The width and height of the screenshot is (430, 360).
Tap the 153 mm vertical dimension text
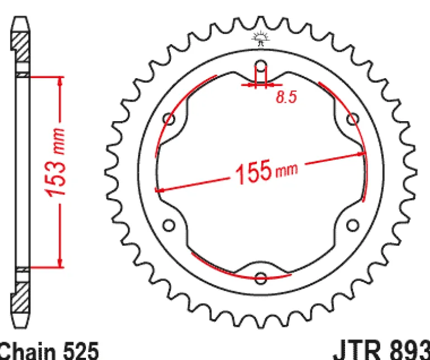click(55, 162)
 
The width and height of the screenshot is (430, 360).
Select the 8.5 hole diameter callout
click(286, 97)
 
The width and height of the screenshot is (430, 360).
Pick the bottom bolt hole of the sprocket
click(261, 278)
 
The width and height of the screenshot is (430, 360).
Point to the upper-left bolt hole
click(169, 119)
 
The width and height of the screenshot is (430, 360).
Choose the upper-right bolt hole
click(353, 119)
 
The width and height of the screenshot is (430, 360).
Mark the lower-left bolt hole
click(169, 225)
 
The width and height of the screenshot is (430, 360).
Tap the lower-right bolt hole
click(353, 225)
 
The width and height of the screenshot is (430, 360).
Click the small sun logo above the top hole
click(261, 39)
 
